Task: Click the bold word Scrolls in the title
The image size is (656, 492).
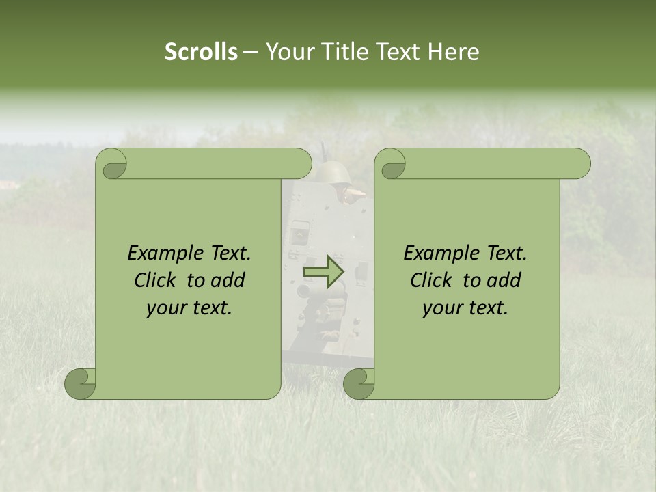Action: [201, 52]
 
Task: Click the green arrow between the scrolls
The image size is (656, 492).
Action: [325, 271]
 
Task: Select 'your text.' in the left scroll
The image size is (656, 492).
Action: [189, 308]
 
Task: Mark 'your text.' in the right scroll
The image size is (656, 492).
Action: [465, 308]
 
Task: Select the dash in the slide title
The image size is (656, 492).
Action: [250, 52]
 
